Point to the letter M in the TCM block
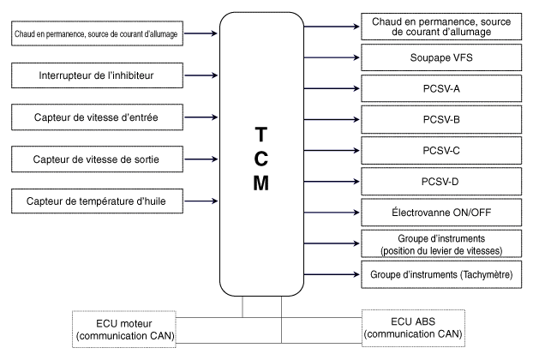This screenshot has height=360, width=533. [x=262, y=183]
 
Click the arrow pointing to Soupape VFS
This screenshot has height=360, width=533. [x=330, y=58]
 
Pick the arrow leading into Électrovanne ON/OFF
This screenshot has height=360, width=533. [x=330, y=211]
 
